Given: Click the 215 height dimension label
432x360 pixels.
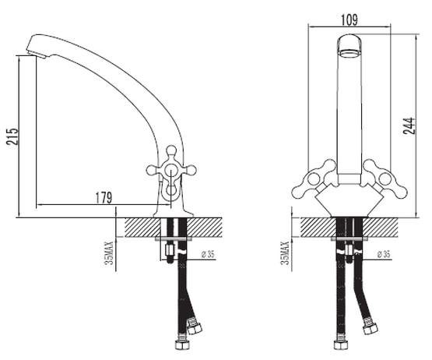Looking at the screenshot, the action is (12, 136).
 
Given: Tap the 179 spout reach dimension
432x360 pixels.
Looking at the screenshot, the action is (104, 197).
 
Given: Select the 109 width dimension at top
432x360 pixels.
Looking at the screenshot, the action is (349, 19).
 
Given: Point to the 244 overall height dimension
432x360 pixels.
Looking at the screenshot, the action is (409, 125).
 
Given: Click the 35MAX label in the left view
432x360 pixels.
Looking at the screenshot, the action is (109, 253).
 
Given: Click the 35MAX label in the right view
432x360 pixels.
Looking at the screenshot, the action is (285, 253).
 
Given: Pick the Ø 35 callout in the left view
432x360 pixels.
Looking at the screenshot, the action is (208, 254).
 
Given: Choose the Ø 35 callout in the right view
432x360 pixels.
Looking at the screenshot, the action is (384, 254).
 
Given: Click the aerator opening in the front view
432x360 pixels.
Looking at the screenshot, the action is (349, 53).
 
